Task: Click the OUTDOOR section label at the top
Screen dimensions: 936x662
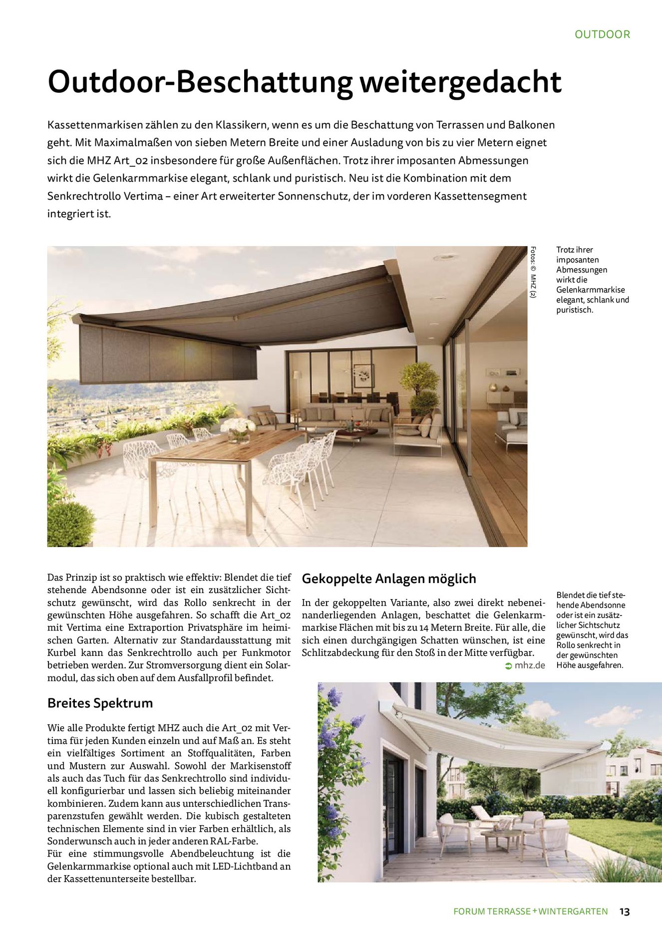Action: pos(602,34)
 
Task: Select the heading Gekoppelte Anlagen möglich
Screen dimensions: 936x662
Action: pos(389,579)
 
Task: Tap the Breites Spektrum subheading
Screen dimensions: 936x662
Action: pos(100,703)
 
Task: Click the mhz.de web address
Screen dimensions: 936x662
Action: pos(530,665)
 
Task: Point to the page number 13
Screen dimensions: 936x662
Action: pos(624,912)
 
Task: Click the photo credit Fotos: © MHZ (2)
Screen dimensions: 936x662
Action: pos(533,272)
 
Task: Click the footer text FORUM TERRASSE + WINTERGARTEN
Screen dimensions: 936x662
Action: pos(530,912)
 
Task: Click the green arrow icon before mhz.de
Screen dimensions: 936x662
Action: pos(508,666)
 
